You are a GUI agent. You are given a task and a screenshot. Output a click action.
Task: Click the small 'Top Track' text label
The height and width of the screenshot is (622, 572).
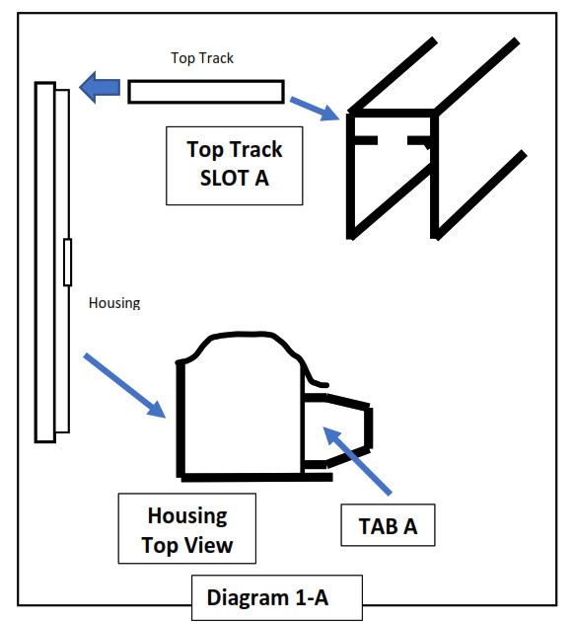tap(202, 58)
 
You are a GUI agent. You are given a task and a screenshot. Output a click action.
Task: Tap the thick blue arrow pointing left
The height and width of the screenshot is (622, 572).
tap(100, 87)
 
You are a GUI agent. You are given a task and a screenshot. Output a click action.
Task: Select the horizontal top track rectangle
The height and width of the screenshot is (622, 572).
tap(206, 92)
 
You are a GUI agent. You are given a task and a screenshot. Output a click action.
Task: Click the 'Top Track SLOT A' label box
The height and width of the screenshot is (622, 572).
tap(235, 166)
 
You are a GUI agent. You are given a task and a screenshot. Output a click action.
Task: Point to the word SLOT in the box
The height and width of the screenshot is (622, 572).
tap(224, 178)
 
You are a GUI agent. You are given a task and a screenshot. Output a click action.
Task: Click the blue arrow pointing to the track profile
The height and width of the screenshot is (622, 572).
tap(315, 109)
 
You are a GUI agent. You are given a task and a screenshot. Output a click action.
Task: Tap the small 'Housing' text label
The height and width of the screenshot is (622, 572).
tap(114, 303)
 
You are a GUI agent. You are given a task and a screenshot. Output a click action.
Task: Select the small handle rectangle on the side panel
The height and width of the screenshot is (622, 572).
tap(68, 263)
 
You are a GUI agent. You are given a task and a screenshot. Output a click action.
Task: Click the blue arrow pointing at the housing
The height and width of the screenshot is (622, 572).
tap(124, 385)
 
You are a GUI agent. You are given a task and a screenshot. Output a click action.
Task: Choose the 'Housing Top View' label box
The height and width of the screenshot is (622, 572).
tap(187, 528)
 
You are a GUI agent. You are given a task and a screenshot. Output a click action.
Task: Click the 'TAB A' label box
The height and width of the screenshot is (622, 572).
tap(388, 525)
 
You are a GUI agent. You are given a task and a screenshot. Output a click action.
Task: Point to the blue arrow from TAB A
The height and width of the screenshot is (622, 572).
tap(357, 460)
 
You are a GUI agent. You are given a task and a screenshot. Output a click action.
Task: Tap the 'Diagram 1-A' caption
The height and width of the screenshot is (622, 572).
tap(277, 597)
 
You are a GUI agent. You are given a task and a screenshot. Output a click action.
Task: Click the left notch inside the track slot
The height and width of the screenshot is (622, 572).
tap(365, 140)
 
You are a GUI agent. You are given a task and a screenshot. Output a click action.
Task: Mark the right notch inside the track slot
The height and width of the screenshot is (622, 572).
tap(419, 141)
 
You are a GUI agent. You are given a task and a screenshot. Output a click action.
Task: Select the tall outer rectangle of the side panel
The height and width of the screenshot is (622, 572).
tap(45, 263)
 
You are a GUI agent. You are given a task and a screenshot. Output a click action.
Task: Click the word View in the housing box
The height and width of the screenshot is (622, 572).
tap(209, 545)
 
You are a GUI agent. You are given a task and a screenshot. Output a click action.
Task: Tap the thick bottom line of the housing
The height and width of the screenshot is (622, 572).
tap(256, 477)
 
